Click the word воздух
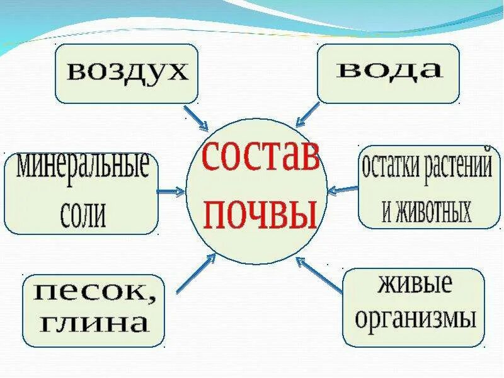[x=128, y=71]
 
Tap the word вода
[x=389, y=71]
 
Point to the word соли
[x=83, y=215]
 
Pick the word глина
[x=94, y=324]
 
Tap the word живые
[x=415, y=284]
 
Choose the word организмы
[x=415, y=319]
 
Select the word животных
[x=427, y=212]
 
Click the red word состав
[x=260, y=157]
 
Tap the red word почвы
[x=260, y=212]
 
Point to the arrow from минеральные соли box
[x=170, y=191]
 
